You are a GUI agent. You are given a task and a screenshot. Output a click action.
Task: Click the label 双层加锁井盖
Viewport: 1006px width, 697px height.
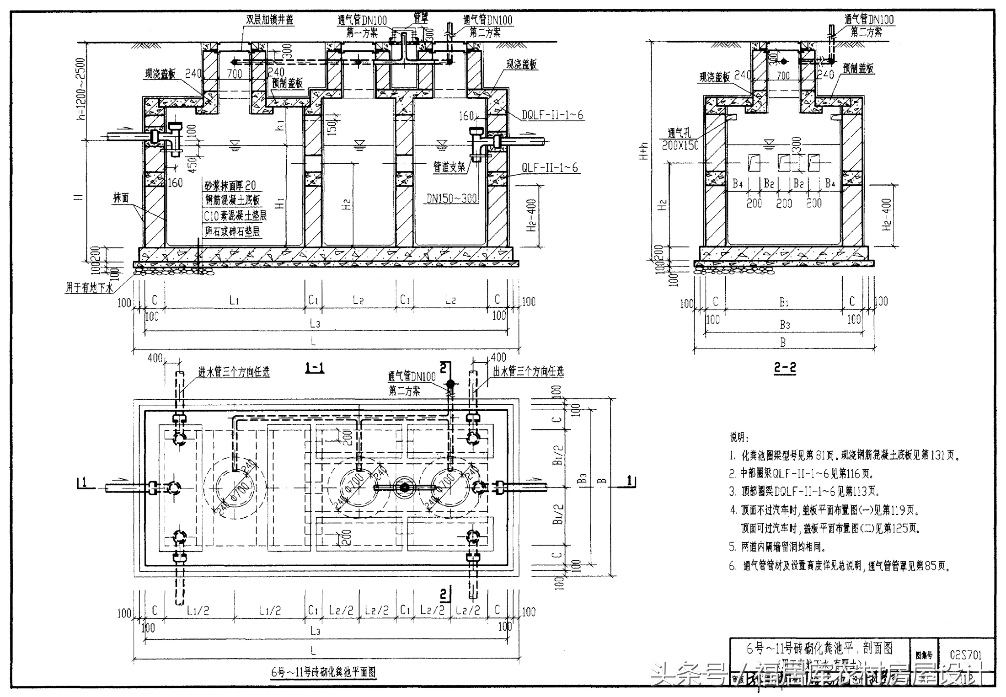(x=269, y=20)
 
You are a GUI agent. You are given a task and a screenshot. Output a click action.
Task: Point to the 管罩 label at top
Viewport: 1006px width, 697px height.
(x=420, y=18)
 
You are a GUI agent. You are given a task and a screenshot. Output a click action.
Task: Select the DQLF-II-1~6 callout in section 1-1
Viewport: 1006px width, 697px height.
(x=552, y=115)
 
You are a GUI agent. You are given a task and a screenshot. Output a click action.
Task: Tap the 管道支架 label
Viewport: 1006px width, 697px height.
(x=449, y=167)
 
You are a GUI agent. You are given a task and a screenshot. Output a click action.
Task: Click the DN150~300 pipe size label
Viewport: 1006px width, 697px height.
(x=451, y=198)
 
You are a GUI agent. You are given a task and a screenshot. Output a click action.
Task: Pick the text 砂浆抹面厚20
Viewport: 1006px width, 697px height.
(x=230, y=185)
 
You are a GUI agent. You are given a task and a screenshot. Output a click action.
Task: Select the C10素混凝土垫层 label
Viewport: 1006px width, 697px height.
(x=235, y=215)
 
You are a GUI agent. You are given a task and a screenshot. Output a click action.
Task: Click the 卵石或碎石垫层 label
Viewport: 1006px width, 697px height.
(x=232, y=231)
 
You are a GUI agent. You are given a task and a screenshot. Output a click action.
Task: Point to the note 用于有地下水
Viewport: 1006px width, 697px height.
(x=90, y=288)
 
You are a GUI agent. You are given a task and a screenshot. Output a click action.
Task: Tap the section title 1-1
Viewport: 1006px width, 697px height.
(x=315, y=368)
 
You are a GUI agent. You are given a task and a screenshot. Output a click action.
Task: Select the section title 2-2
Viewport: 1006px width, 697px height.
(x=785, y=368)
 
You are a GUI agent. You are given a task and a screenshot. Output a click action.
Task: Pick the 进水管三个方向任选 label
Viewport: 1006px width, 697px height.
(x=234, y=372)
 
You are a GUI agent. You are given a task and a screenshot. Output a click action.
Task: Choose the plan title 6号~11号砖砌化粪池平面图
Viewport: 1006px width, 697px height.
(x=323, y=672)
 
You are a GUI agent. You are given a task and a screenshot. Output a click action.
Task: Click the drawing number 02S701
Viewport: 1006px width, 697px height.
(x=965, y=655)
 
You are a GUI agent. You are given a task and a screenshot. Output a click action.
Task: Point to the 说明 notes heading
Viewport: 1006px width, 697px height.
(x=739, y=437)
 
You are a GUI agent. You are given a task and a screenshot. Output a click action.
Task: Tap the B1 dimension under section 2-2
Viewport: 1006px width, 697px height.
(x=784, y=302)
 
